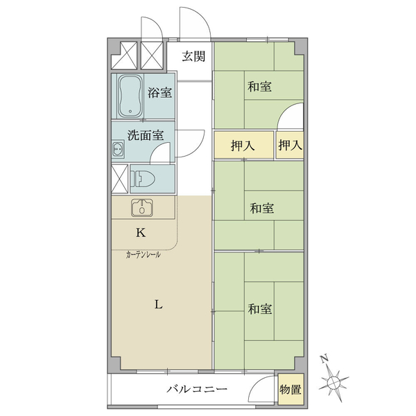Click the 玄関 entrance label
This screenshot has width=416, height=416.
193,56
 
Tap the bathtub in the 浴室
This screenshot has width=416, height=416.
130,96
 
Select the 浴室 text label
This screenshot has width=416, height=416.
159,92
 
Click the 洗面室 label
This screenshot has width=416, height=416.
146,135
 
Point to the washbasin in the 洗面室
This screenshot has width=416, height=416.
118,149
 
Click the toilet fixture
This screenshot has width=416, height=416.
144,178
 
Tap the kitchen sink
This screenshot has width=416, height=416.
142,207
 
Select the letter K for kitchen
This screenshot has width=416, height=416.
141,233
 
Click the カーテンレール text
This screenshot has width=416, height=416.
144,255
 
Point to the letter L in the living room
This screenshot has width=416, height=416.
158,304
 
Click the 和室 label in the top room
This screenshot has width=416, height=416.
259,87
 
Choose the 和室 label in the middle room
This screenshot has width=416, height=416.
262,208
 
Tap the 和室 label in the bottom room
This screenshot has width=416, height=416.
260,309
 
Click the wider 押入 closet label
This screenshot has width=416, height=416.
243,146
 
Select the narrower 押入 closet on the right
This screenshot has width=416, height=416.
291,145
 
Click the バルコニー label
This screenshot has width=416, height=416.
197,389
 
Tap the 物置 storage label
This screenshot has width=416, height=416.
291,390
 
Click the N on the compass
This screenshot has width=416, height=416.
324,358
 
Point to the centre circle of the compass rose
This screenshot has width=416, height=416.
332,382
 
